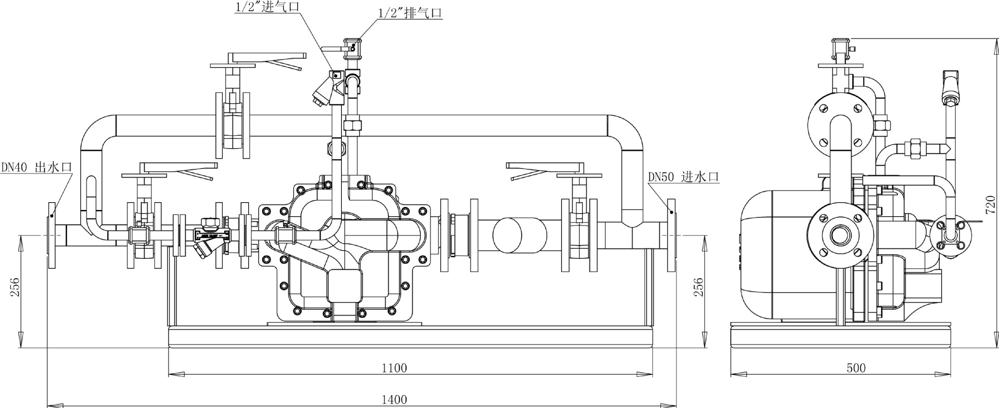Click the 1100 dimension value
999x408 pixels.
click(x=394, y=368)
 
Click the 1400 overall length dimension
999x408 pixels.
click(x=394, y=400)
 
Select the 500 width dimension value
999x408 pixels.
click(x=856, y=368)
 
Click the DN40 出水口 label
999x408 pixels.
click(x=36, y=167)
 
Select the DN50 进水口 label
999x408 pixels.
click(x=683, y=177)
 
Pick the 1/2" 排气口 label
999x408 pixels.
click(x=409, y=13)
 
